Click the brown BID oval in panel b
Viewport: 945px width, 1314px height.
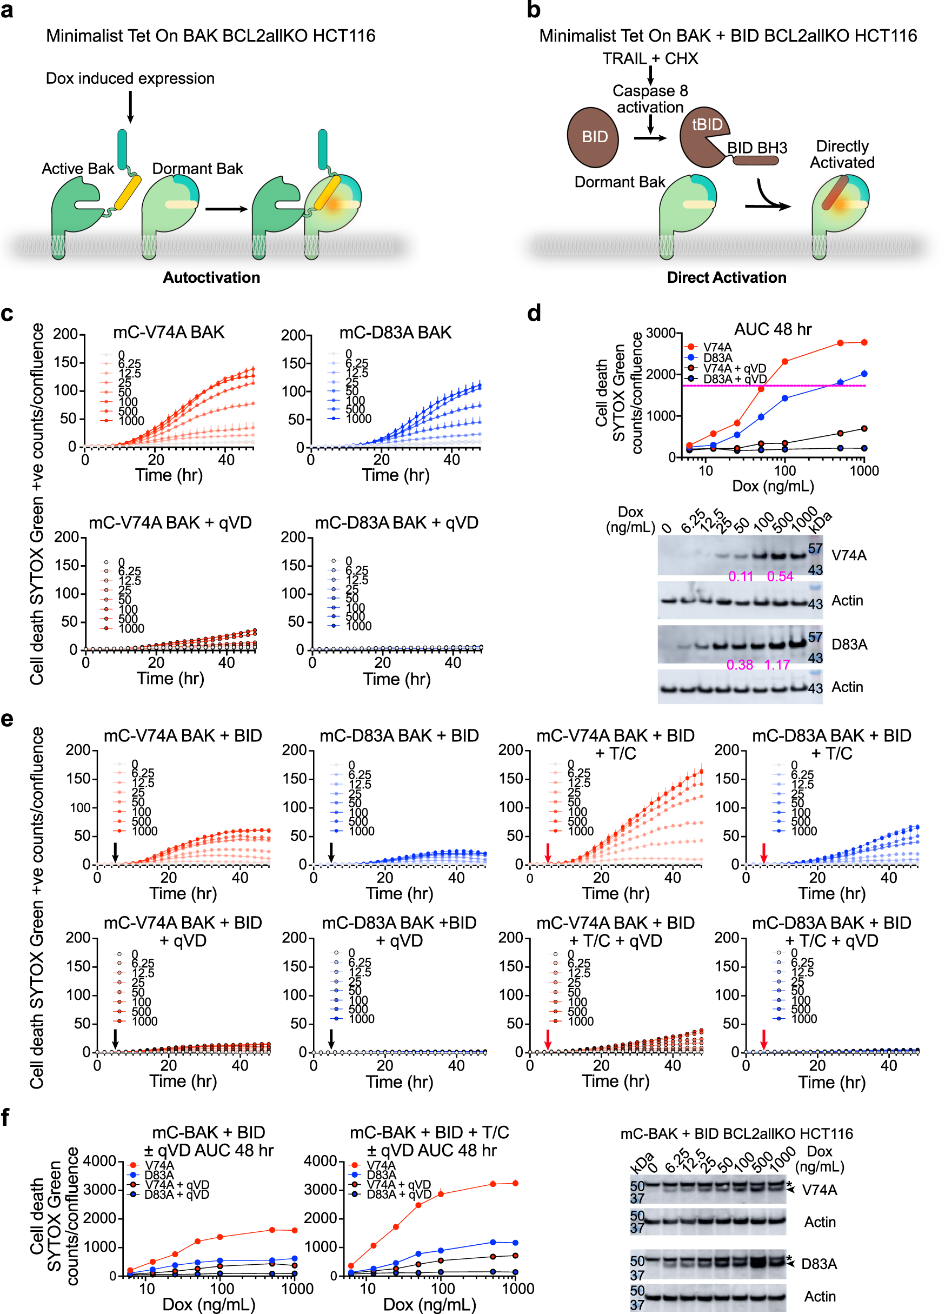593,137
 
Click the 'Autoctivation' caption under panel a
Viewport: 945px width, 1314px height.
211,277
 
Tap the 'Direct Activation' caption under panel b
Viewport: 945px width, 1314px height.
726,277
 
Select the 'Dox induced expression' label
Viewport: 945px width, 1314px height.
130,78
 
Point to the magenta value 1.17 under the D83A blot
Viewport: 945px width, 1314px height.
776,665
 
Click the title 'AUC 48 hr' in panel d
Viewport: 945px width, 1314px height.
773,330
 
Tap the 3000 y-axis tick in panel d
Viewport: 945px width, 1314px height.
660,333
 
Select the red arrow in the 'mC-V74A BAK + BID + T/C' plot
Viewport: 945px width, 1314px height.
548,852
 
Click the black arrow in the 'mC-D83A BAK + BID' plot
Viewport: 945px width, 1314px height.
331,852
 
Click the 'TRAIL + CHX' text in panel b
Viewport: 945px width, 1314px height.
649,58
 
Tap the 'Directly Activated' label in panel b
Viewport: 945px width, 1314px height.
841,154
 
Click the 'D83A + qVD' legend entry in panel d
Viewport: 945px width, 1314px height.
734,379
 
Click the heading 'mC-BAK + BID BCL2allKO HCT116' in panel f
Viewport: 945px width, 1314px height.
736,1134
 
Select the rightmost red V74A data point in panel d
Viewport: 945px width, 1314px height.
864,342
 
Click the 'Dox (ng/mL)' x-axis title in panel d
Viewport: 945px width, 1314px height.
773,486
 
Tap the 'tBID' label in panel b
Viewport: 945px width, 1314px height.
707,124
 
